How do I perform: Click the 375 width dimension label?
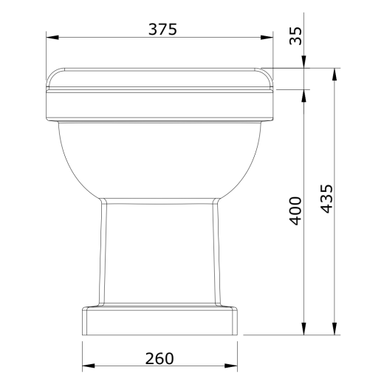[x=162, y=30]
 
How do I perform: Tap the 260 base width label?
[x=160, y=358]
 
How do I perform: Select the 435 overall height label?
[x=327, y=199]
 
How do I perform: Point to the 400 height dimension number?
[x=295, y=210]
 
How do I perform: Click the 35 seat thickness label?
[x=295, y=36]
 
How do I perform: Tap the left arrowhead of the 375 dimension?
[x=52, y=38]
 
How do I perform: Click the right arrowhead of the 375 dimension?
[x=267, y=38]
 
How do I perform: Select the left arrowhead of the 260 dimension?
[x=89, y=366]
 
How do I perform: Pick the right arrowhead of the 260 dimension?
[x=231, y=366]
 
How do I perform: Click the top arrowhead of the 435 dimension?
[x=335, y=75]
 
